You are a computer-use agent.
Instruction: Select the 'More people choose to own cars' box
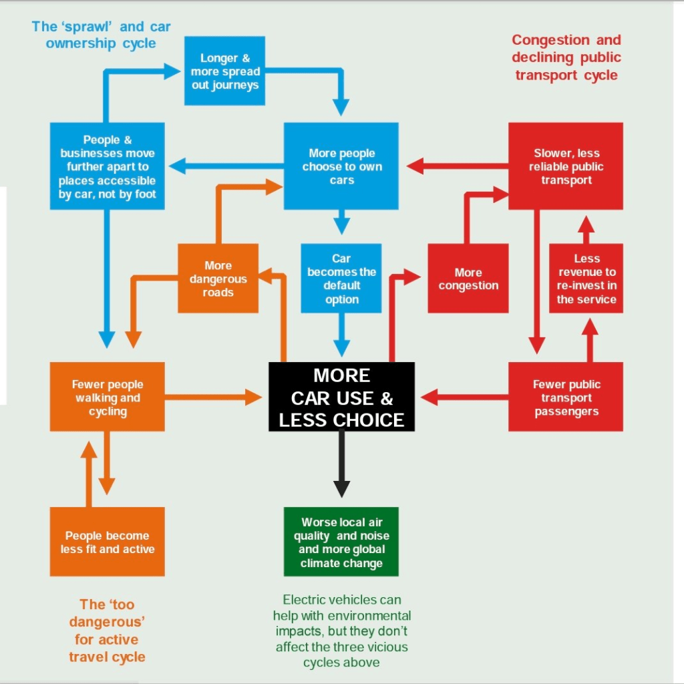coord(341,166)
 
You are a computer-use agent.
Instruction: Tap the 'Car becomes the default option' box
coord(341,279)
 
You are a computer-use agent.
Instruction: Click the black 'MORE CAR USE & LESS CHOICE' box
coord(341,398)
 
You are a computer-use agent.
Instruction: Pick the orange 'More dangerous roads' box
coord(218,279)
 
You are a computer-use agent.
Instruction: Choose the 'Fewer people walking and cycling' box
coord(108,397)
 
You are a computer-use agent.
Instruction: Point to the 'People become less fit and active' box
coord(108,542)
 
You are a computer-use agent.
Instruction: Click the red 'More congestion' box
coord(468,279)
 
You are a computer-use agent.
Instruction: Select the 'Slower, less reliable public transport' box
coord(566,166)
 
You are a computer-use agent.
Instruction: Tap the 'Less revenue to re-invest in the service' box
coord(586,279)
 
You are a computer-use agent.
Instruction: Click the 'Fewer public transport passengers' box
coord(566,397)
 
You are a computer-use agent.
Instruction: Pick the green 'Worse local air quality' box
coord(341,542)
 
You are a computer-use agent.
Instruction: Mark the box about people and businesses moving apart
coord(108,166)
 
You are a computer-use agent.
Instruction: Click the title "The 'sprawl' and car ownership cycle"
coord(102,35)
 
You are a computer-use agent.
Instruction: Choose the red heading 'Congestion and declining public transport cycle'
coord(566,57)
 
